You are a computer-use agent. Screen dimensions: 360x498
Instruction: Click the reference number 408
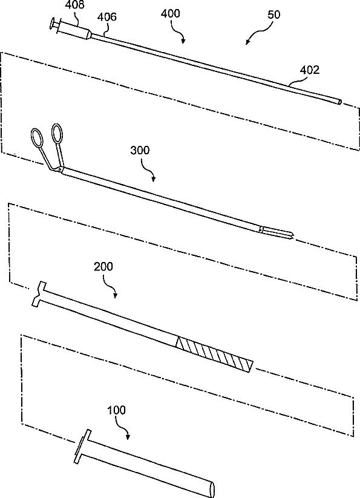75,5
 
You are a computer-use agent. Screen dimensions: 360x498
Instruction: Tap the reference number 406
107,16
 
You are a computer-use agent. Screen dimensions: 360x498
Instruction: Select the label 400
171,13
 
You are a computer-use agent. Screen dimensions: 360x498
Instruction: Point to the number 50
274,15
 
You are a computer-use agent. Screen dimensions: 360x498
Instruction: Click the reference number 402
310,70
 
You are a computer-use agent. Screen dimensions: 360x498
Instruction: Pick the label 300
140,150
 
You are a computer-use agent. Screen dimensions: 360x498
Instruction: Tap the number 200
103,266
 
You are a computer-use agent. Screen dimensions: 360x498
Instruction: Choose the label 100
117,410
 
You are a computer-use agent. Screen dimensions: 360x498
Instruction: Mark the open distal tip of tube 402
339,102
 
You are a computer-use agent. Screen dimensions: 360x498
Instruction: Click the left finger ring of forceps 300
37,138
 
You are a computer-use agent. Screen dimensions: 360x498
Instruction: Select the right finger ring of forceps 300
57,133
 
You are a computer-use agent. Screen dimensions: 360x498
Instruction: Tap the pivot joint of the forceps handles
60,169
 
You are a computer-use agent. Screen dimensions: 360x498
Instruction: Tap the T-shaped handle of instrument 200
41,294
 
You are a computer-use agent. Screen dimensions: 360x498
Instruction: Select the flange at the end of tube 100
82,446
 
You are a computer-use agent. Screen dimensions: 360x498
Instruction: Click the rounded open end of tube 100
212,489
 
